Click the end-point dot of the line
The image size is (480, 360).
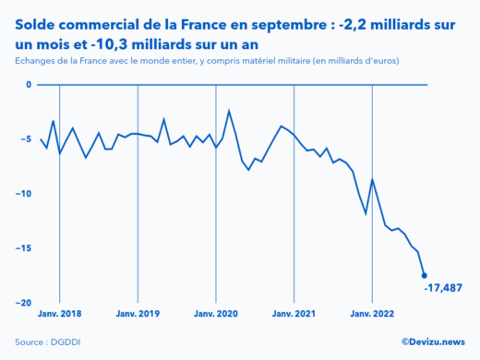(x=424, y=275)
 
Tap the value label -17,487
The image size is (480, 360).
(x=443, y=288)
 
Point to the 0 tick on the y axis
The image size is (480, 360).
(x=29, y=85)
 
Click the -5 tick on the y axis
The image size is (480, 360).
(x=27, y=139)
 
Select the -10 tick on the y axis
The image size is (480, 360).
(x=25, y=194)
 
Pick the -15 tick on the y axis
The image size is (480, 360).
(x=25, y=248)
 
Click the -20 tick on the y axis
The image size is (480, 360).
(x=25, y=303)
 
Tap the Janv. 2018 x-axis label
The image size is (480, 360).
(x=59, y=314)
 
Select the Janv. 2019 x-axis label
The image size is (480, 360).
(x=138, y=314)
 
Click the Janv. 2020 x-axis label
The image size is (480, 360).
(x=215, y=314)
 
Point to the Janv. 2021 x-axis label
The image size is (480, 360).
(x=294, y=314)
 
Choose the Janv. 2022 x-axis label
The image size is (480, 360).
(x=371, y=314)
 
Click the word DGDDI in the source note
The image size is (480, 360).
(x=68, y=342)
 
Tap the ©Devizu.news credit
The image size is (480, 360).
(x=432, y=342)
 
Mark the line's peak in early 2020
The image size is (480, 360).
(x=229, y=111)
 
